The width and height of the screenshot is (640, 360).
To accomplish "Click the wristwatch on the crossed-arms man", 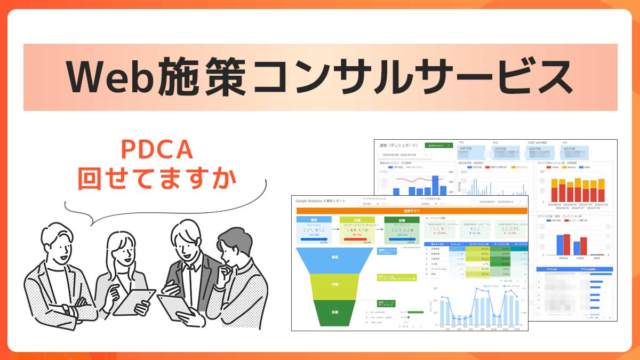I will (65, 309).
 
